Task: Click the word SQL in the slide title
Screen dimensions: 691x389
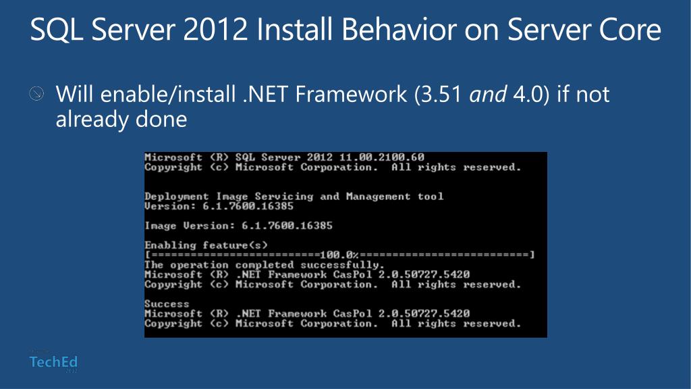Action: pyautogui.click(x=57, y=30)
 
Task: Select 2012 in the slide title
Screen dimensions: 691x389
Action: pyautogui.click(x=215, y=30)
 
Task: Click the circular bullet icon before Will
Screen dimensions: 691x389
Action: pyautogui.click(x=36, y=93)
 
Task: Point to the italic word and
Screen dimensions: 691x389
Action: pyautogui.click(x=488, y=94)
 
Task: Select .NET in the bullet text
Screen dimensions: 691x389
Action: pyautogui.click(x=265, y=94)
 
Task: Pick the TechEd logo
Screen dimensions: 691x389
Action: pyautogui.click(x=53, y=362)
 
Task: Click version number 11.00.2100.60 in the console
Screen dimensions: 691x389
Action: pyautogui.click(x=382, y=157)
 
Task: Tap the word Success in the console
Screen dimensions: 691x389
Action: pyautogui.click(x=167, y=304)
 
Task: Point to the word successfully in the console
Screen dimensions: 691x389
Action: pyautogui.click(x=342, y=265)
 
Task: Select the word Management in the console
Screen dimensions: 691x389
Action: pyautogui.click(x=378, y=197)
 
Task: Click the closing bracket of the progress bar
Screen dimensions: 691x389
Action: pyautogui.click(x=532, y=255)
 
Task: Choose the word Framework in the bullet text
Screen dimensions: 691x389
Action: pyautogui.click(x=351, y=94)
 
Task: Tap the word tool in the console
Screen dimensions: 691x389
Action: pyautogui.click(x=431, y=197)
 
